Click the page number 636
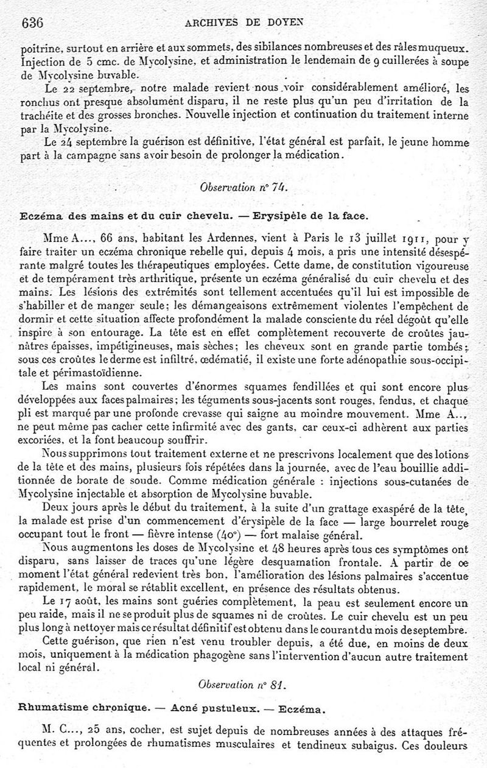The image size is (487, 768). [x=31, y=23]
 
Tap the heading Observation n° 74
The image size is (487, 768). [x=244, y=188]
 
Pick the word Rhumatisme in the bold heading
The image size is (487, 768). [x=49, y=708]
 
